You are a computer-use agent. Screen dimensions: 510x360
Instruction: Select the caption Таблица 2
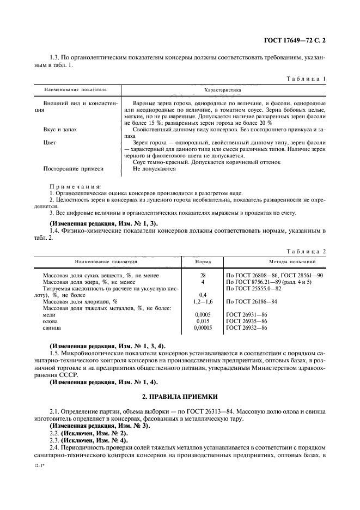tap(306, 251)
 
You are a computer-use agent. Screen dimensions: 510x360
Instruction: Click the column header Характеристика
tap(223, 89)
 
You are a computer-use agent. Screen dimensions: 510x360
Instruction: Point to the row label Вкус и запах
tap(60, 130)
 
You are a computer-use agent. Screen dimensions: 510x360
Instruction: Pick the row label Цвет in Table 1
tap(49, 142)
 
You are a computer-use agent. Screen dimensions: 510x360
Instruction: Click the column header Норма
tap(203, 260)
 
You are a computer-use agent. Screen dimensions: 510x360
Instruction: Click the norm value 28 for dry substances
tap(203, 276)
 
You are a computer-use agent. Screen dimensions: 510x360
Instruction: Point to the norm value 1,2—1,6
tap(203, 301)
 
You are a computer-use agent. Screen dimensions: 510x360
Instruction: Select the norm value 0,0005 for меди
tap(203, 314)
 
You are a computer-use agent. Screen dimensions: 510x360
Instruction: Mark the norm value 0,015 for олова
tap(203, 321)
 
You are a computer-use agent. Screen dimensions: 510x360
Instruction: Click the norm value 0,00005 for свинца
tap(203, 328)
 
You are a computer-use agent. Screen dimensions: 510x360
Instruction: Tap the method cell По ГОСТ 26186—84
tap(253, 301)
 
